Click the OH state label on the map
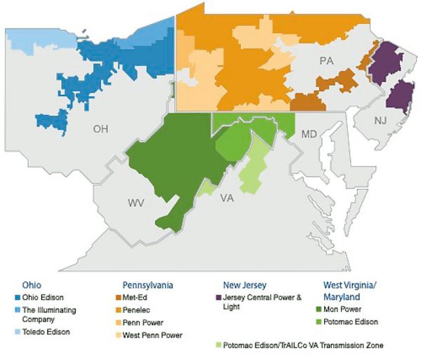pos(100,129)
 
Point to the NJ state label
pos(380,121)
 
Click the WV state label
pos(135,203)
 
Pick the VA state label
pos(227,198)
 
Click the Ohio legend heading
pos(29,286)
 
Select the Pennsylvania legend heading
pos(148,286)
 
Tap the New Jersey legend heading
pos(244,286)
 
